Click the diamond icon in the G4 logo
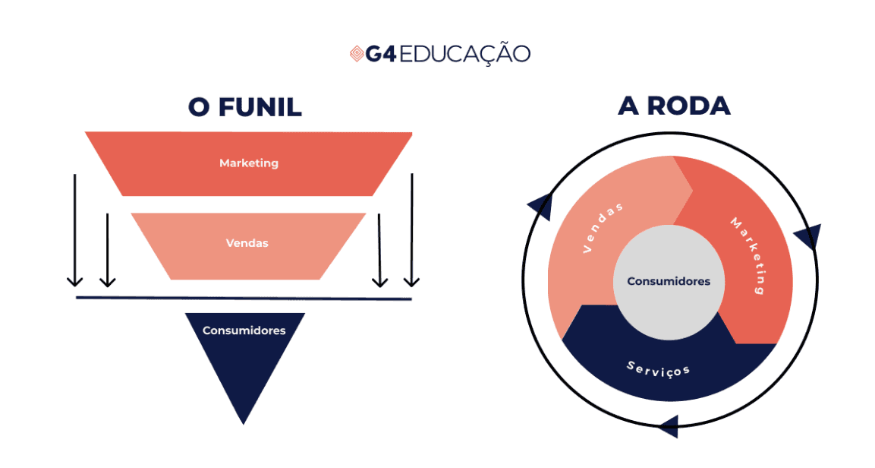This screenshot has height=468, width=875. (x=357, y=54)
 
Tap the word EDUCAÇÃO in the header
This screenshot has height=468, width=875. (x=464, y=54)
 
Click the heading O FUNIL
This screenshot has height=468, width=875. (x=245, y=107)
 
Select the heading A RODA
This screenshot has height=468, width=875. (x=674, y=106)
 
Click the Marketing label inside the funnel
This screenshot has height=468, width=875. (x=249, y=163)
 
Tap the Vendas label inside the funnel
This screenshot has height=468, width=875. (x=247, y=244)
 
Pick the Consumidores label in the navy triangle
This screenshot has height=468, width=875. (x=244, y=330)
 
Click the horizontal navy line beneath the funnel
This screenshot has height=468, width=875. (x=244, y=298)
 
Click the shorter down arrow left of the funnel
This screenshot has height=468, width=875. (x=108, y=250)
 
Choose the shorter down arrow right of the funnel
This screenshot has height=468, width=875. (x=379, y=250)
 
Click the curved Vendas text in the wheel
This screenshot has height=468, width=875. (x=604, y=227)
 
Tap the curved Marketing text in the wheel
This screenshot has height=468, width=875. (x=748, y=255)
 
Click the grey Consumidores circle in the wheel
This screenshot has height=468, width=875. (x=669, y=281)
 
